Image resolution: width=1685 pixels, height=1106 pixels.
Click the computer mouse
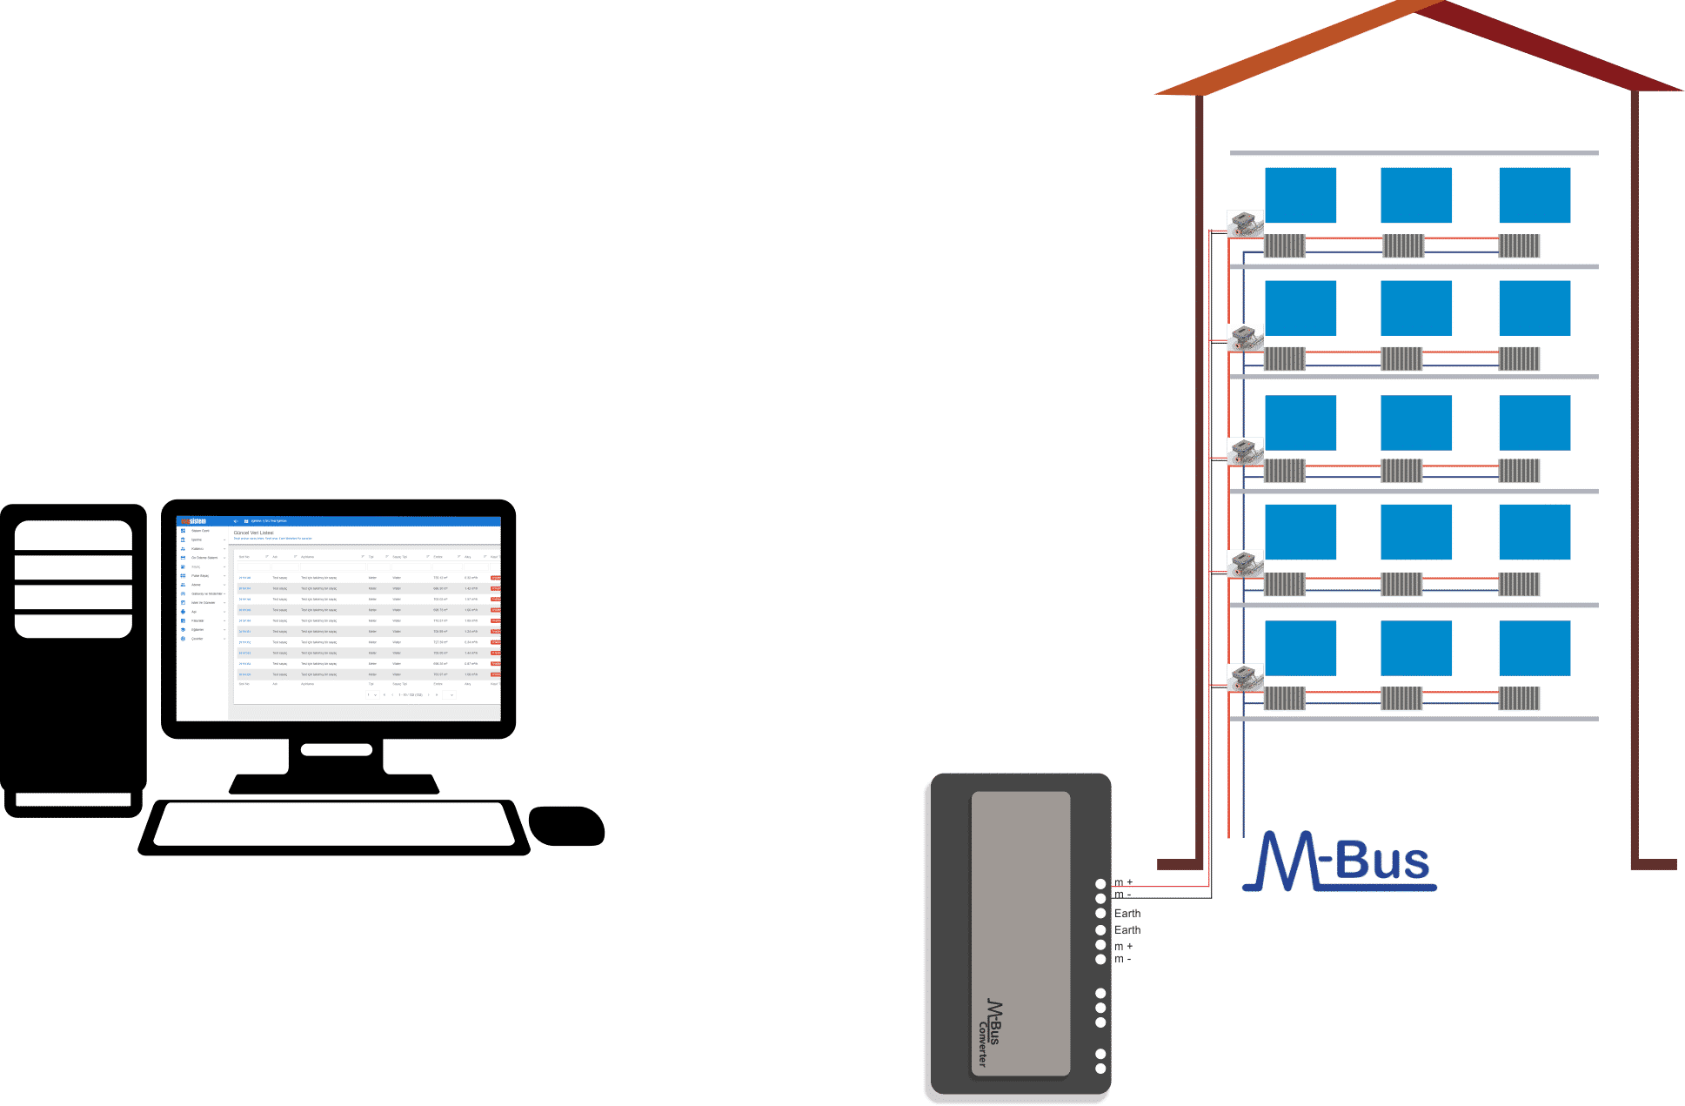567,825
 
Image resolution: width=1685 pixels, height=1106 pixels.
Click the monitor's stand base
335,782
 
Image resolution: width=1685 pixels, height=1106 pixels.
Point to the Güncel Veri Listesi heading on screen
254,533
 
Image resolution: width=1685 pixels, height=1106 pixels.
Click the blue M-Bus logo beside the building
1340,861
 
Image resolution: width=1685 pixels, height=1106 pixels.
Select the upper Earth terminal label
1127,913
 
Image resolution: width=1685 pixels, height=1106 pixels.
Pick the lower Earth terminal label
1127,929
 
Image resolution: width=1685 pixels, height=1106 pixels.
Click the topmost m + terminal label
1124,882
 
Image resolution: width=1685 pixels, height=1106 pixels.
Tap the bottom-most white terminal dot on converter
1100,1069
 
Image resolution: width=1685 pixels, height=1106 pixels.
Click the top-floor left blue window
1300,195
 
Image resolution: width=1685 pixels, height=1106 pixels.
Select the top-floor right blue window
1535,195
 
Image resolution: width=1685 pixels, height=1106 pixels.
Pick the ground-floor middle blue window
1416,648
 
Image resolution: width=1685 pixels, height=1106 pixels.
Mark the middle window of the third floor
1416,423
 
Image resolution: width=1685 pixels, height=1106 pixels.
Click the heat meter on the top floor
1246,224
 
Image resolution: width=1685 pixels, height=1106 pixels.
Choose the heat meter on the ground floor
1246,678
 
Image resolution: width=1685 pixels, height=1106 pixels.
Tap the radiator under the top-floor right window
1520,245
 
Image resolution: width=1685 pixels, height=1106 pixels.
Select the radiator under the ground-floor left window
1285,698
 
